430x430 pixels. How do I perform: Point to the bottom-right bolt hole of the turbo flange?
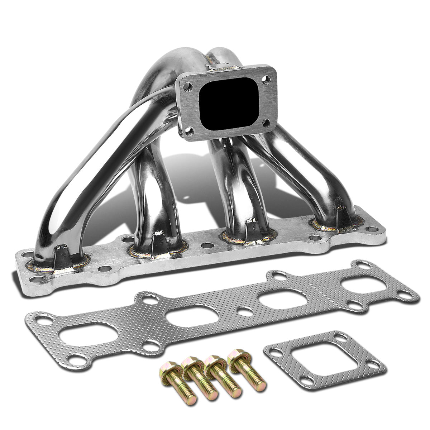point(265,123)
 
